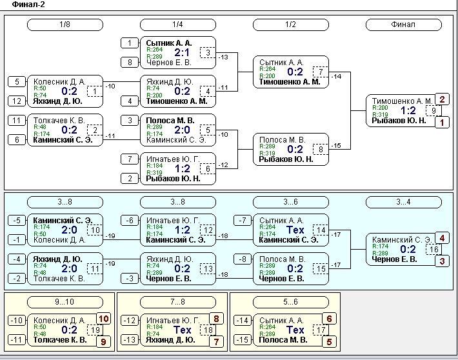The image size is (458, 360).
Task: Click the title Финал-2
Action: point(28,5)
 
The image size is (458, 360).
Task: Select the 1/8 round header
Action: point(65,25)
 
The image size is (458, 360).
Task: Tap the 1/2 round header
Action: point(291,25)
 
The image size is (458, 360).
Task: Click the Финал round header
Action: point(403,25)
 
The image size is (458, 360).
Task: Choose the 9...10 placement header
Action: point(65,302)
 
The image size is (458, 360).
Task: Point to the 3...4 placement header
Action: point(403,202)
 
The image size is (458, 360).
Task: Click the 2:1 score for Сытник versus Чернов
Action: point(182,53)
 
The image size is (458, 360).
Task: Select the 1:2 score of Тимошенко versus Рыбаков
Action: point(408,110)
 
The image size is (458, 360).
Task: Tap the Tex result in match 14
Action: point(295,230)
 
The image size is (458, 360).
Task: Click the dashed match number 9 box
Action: point(433,111)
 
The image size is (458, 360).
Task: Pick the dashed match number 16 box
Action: point(433,249)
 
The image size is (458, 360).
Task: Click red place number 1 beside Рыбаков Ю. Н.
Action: point(442,123)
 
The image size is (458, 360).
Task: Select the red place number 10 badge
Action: point(104,319)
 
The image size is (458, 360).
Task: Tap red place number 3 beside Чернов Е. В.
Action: point(442,261)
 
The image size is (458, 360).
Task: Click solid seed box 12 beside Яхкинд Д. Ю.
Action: point(17,101)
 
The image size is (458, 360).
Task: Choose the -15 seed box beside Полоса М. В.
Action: point(243,340)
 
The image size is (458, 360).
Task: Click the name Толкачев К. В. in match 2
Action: point(59,121)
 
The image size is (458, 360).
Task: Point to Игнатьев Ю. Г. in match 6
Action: point(173,159)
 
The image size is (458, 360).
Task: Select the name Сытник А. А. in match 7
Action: point(281,62)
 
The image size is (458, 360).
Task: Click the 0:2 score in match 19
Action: point(69,330)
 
